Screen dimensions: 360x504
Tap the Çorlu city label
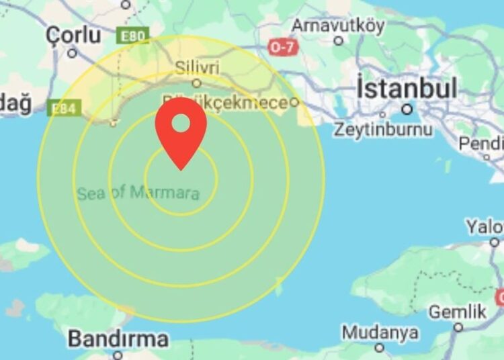tap(74, 34)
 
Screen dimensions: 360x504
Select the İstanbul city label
tap(407, 88)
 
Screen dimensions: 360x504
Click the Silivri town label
tap(196, 67)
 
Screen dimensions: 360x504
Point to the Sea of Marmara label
tap(138, 193)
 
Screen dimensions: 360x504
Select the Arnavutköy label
tap(338, 26)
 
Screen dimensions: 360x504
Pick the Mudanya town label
tap(380, 332)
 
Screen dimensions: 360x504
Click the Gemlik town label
tap(457, 312)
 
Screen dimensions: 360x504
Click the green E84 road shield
tap(65, 107)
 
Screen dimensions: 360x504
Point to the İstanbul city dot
tap(407, 109)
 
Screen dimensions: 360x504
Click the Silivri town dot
tap(196, 83)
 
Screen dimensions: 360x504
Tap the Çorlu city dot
tap(72, 52)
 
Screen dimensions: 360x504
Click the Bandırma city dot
tap(118, 355)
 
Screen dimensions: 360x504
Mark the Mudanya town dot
tap(380, 348)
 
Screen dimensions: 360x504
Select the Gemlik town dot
tap(458, 327)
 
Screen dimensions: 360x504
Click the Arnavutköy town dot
tap(339, 40)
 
